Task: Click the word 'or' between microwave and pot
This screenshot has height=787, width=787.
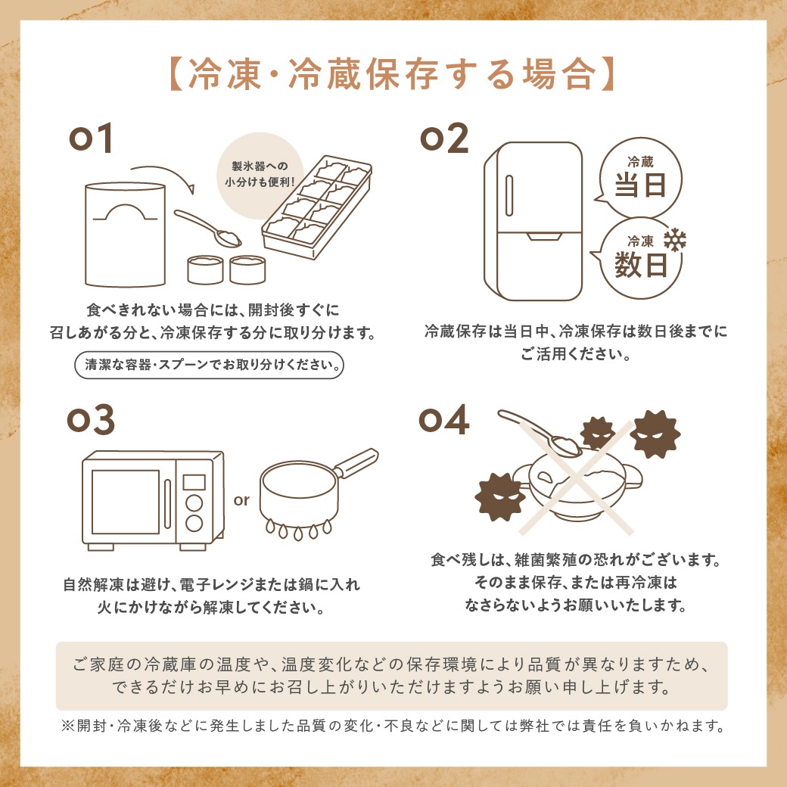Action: [x=241, y=500]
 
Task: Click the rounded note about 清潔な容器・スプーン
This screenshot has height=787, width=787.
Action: [x=209, y=364]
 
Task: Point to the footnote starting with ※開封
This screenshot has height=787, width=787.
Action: [x=393, y=726]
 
